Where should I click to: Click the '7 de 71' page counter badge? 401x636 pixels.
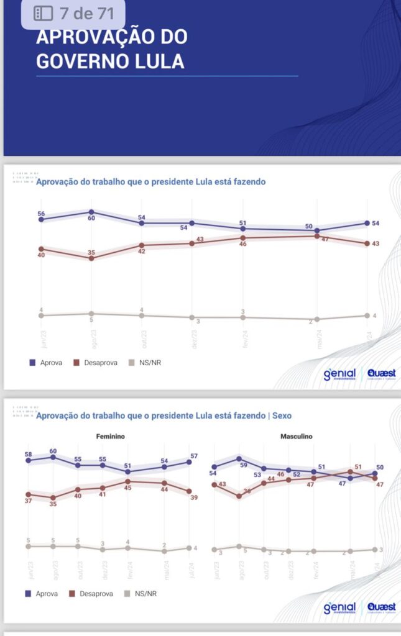(x=73, y=13)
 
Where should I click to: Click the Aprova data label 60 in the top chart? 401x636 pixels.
(x=91, y=219)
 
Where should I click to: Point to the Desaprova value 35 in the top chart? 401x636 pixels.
(x=91, y=252)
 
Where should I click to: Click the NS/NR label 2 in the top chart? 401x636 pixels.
(x=310, y=320)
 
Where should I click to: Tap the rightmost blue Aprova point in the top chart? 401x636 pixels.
(x=367, y=224)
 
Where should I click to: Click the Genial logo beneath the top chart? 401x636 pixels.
(x=339, y=375)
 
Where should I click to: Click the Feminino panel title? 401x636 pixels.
(x=110, y=437)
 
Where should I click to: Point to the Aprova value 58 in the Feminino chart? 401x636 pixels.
(x=29, y=455)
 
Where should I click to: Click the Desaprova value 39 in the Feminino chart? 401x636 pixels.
(x=193, y=497)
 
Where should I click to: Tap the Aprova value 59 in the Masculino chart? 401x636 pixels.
(x=244, y=465)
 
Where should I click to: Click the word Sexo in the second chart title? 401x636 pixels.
(x=281, y=416)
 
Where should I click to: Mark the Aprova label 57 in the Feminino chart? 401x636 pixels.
(x=194, y=456)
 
